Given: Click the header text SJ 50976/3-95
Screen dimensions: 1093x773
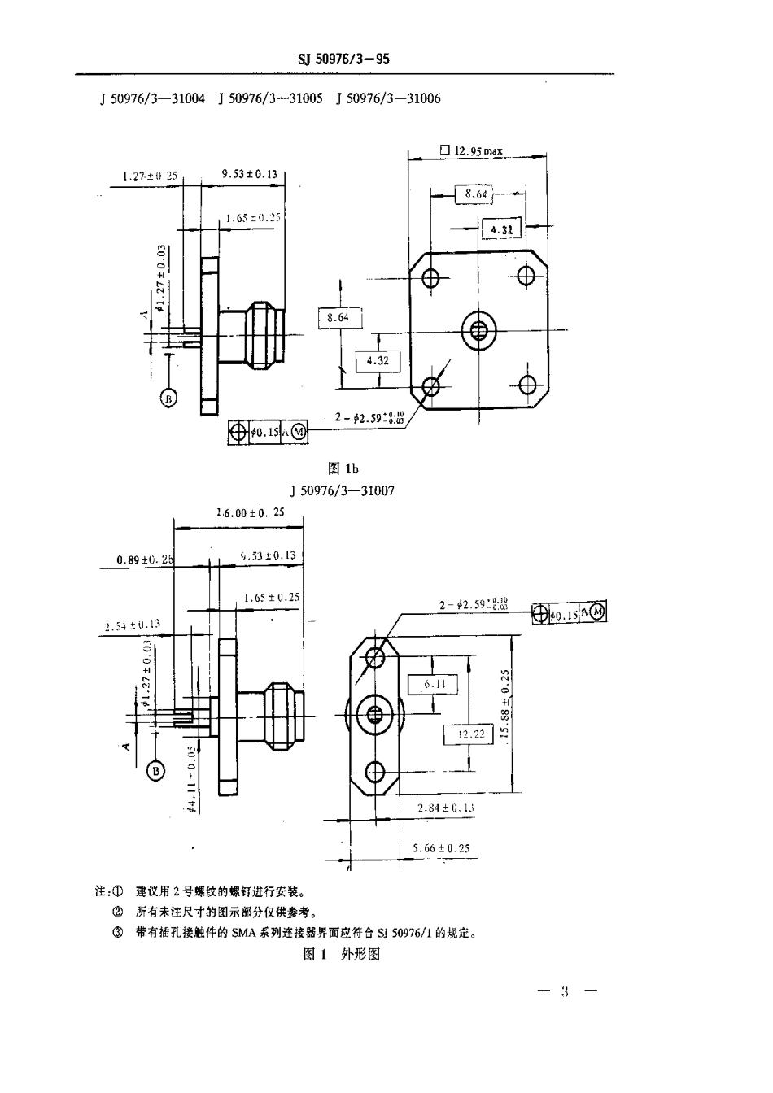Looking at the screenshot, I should point(343,59).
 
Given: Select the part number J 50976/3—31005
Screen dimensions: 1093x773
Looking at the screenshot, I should point(270,98).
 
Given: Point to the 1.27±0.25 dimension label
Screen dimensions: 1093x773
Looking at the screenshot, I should point(150,175).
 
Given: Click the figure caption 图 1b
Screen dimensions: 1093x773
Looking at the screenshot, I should point(342,468).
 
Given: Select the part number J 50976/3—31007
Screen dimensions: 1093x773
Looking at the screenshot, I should point(342,491).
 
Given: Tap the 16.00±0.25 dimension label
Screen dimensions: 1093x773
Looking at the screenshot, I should point(251,512).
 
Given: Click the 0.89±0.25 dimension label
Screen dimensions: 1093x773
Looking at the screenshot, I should point(145,560).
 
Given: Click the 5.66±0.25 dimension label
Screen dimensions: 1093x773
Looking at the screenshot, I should point(441,848).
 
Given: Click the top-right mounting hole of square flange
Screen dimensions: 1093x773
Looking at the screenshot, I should point(526,277).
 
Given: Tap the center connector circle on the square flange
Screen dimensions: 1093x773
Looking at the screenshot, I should point(478,330).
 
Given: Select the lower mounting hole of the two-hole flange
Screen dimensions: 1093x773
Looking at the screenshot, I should point(375,770).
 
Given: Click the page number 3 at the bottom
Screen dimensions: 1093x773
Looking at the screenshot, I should point(565,991).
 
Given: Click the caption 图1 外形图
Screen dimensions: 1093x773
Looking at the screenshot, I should point(341,954).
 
